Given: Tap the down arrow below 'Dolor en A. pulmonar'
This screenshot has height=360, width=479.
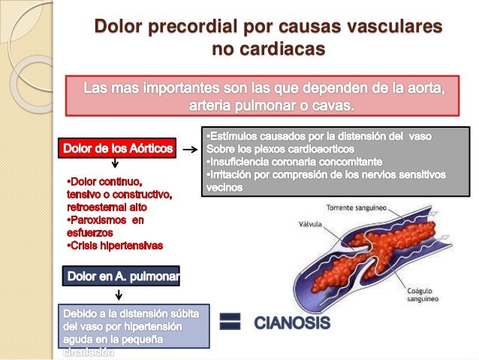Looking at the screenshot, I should point(119,295).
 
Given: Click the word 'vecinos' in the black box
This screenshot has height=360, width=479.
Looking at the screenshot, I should point(223,186).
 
